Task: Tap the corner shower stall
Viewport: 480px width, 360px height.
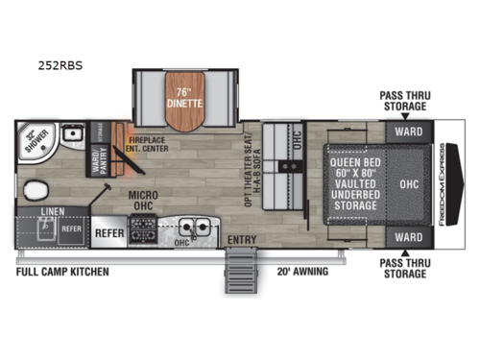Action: click(x=36, y=142)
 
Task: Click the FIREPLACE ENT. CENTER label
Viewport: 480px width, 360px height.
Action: click(x=150, y=144)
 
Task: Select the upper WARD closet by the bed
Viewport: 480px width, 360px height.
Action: click(x=408, y=129)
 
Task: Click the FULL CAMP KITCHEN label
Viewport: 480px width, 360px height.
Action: click(x=62, y=272)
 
